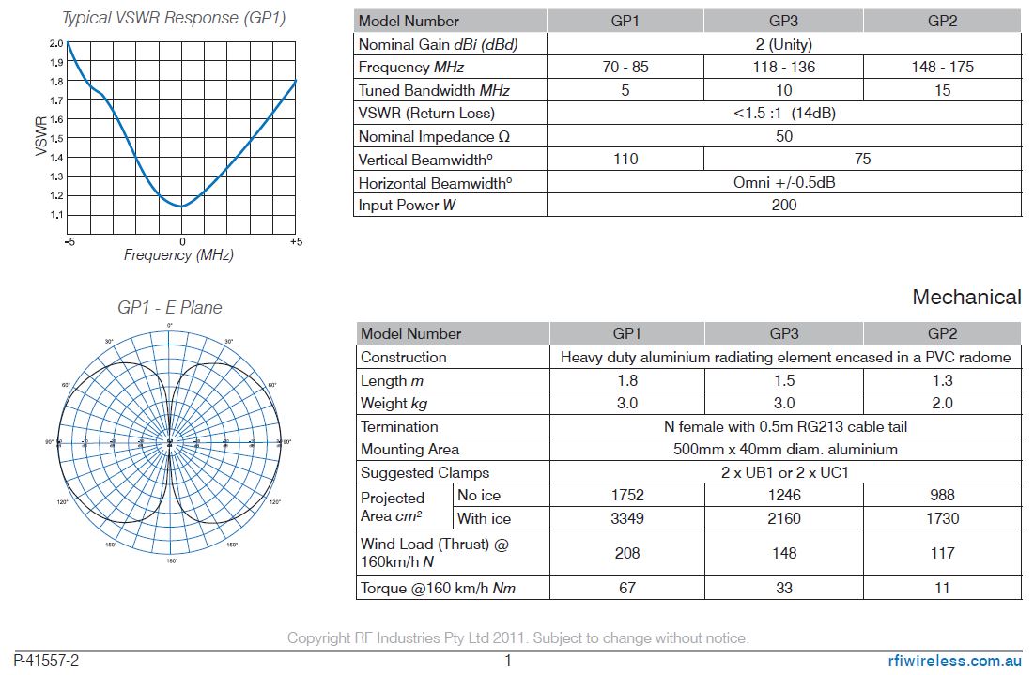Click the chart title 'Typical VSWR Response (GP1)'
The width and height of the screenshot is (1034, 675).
click(x=174, y=18)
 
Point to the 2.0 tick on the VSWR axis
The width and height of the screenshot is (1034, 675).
click(x=57, y=43)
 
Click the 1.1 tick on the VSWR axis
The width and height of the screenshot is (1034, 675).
click(x=57, y=215)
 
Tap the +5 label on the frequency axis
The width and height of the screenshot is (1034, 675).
click(x=295, y=242)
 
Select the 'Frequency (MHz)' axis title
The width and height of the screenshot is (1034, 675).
click(x=178, y=255)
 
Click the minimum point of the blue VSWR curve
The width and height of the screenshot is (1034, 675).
click(x=181, y=206)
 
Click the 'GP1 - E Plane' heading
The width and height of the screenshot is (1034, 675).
click(x=170, y=308)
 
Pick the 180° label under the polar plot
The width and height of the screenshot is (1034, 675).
click(x=171, y=560)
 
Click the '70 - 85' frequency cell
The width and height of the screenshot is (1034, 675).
click(x=625, y=67)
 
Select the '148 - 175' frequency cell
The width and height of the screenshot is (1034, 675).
click(x=942, y=67)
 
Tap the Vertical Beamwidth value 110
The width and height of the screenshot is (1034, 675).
click(x=625, y=159)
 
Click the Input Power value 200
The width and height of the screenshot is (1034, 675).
click(x=783, y=205)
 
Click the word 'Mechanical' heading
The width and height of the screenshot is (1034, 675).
click(x=966, y=298)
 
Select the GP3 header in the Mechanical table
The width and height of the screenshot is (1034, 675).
click(x=784, y=333)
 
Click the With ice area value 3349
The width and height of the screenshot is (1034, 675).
click(x=626, y=518)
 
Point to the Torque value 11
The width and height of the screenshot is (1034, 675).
click(x=942, y=588)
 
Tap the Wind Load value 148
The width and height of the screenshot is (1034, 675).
click(x=784, y=553)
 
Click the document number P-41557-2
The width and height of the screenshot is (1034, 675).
click(x=46, y=660)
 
